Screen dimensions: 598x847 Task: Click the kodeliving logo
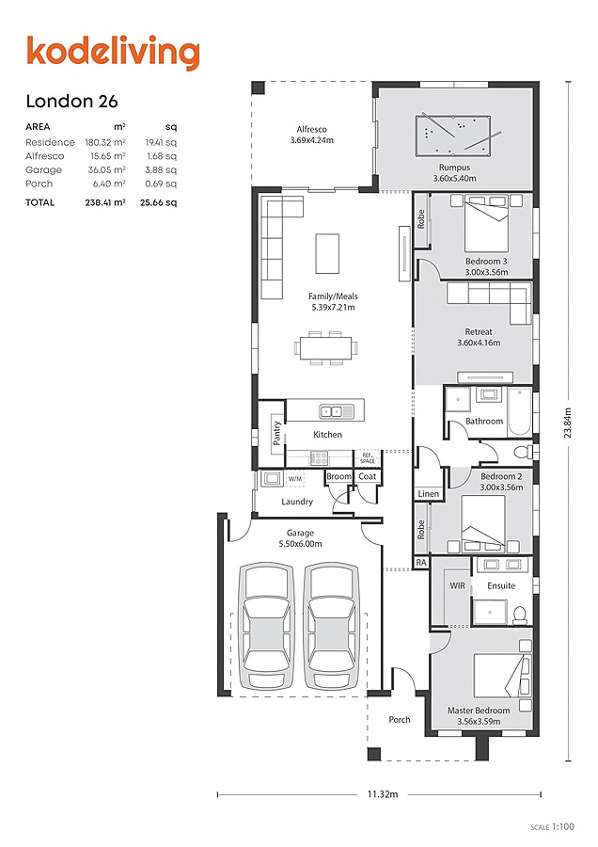click(114, 53)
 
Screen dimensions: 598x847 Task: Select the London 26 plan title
click(71, 101)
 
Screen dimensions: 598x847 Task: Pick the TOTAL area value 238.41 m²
click(105, 202)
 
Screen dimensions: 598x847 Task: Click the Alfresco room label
click(311, 129)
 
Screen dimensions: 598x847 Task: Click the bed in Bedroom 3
click(486, 224)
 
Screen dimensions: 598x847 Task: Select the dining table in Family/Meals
click(326, 348)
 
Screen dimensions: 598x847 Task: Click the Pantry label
click(276, 433)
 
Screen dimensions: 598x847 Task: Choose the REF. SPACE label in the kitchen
click(368, 458)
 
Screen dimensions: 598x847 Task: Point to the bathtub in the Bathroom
click(520, 411)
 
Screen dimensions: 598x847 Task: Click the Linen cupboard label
click(429, 494)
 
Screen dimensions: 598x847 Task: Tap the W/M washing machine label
click(294, 479)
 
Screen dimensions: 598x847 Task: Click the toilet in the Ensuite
click(519, 615)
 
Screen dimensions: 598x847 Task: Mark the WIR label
click(457, 585)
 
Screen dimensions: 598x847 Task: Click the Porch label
click(400, 720)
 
